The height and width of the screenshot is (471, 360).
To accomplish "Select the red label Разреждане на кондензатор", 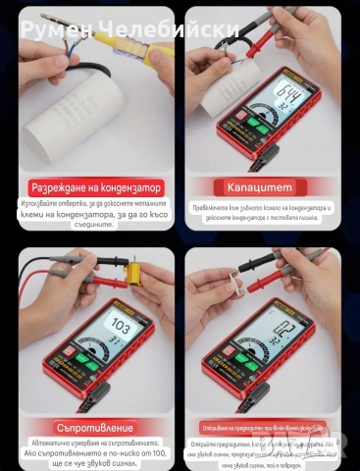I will (95, 187).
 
